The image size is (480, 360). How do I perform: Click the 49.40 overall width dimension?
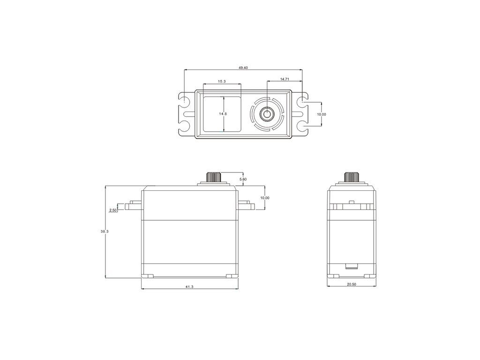243,67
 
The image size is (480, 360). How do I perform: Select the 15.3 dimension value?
222,82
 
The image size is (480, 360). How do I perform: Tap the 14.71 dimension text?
285,79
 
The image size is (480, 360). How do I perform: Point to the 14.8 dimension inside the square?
223,113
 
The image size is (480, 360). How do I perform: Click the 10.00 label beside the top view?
322,114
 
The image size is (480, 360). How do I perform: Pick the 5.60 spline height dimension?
243,180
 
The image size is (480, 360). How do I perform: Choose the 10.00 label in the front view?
265,198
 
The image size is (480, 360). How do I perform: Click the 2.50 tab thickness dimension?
112,210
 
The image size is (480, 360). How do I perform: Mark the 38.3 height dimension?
105,232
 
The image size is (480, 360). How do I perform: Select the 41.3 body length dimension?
189,287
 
